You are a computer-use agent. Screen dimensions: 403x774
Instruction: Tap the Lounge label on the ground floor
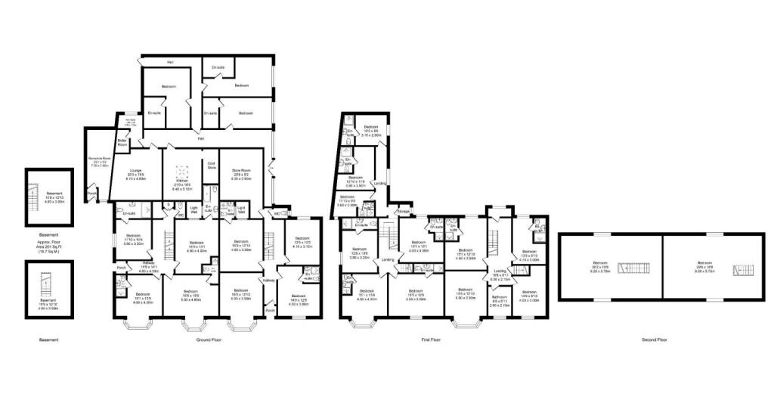coord(136,173)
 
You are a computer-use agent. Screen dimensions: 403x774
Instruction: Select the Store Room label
coord(242,171)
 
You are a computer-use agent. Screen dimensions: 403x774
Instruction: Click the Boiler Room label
coord(122,143)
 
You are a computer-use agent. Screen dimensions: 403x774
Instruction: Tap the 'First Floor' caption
coord(431,340)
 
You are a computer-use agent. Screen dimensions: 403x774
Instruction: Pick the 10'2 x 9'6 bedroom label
coord(370,129)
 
